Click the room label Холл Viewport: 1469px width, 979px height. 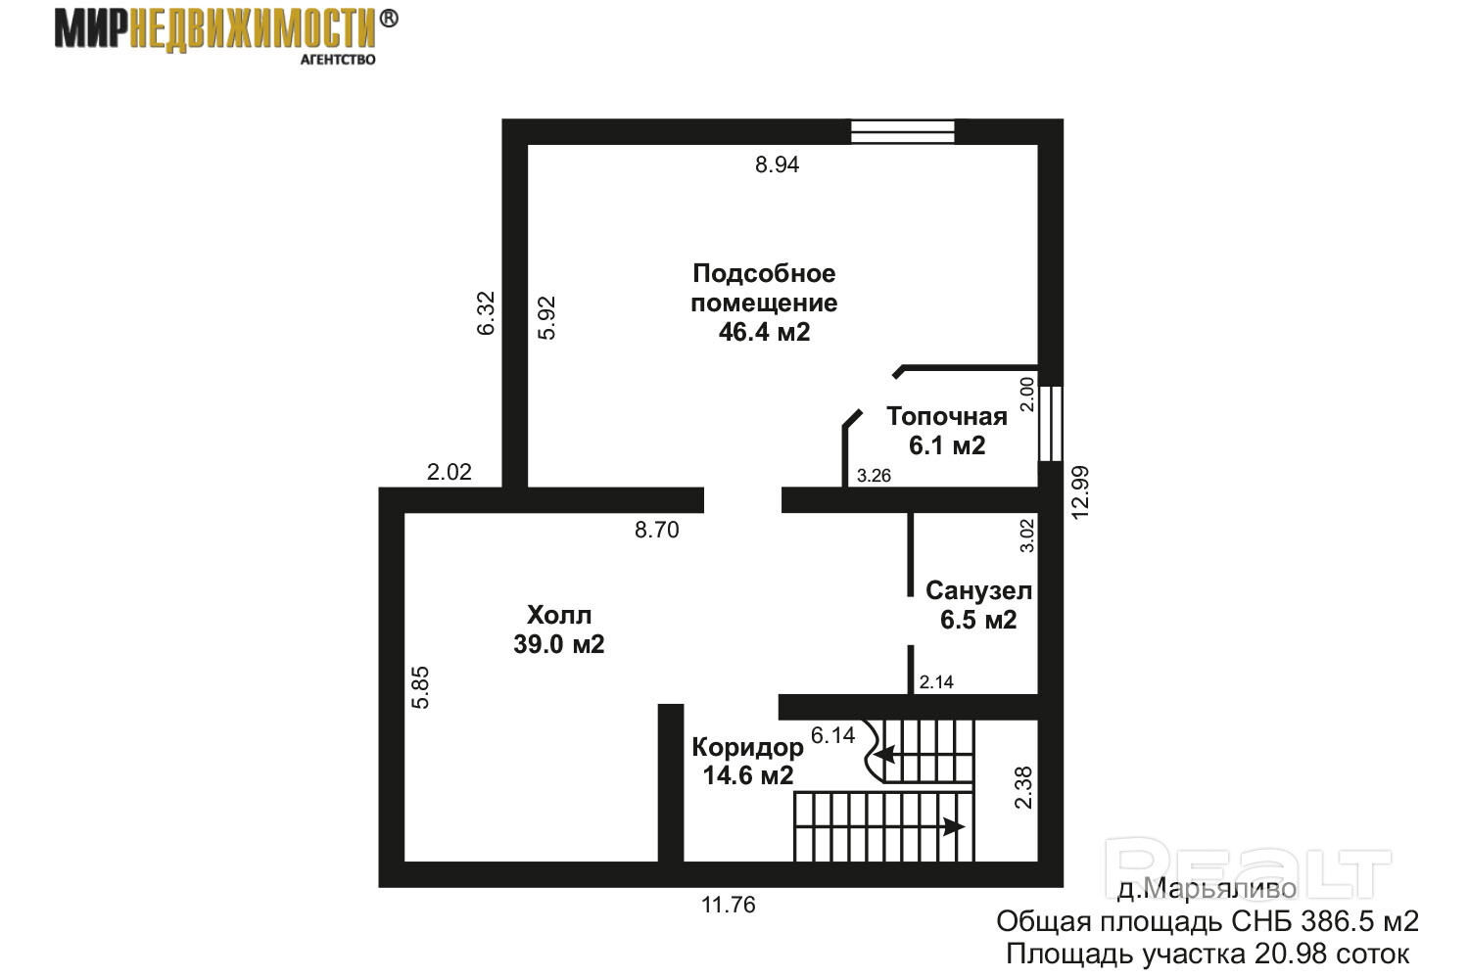tap(559, 615)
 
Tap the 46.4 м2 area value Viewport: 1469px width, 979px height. tap(764, 332)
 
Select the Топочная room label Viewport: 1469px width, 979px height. tap(947, 416)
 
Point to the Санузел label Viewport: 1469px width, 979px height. tap(978, 590)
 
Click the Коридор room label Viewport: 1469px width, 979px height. tap(747, 747)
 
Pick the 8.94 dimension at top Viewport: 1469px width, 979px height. tap(778, 164)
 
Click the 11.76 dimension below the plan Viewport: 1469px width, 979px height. tap(729, 905)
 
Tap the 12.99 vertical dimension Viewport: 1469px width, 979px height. tap(1080, 492)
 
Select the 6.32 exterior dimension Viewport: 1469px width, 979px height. tap(486, 313)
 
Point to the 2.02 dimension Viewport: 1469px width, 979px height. tap(450, 472)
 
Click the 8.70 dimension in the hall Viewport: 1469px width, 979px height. tap(656, 530)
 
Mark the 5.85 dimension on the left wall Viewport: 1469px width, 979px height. tap(420, 687)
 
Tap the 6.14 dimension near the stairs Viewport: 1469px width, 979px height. tap(832, 736)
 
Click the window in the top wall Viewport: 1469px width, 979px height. tap(902, 131)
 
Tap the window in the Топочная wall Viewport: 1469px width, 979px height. tap(1050, 424)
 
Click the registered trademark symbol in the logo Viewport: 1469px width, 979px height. tap(389, 19)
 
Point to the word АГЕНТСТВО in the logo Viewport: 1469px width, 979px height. tap(338, 60)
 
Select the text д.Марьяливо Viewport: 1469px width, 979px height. tap(1207, 889)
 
